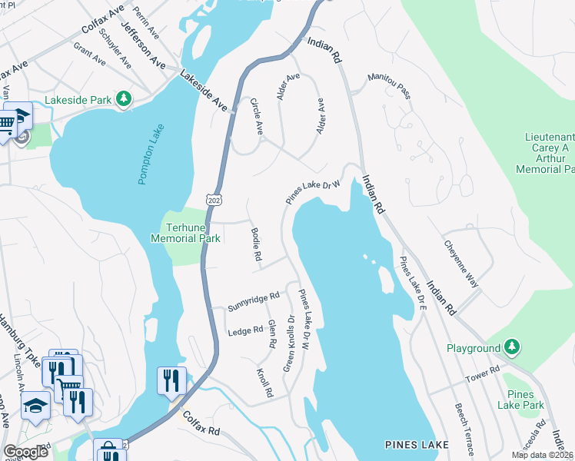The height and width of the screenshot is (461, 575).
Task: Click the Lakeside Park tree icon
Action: pyautogui.click(x=122, y=99)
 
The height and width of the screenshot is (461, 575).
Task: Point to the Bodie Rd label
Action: pyautogui.click(x=256, y=244)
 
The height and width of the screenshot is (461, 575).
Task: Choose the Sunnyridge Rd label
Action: pyautogui.click(x=253, y=301)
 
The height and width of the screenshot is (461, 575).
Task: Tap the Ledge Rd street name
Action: pyautogui.click(x=246, y=332)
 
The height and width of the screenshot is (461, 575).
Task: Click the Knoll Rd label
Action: pyautogui.click(x=264, y=382)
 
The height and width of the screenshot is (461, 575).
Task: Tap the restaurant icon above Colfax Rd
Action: pyautogui.click(x=171, y=380)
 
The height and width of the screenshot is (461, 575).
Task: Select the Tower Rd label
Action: pyautogui.click(x=483, y=375)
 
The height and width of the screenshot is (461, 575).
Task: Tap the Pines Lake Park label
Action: pyautogui.click(x=520, y=400)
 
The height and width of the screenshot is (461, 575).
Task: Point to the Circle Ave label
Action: pyautogui.click(x=257, y=118)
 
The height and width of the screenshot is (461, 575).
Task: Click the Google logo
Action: pyautogui.click(x=26, y=452)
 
